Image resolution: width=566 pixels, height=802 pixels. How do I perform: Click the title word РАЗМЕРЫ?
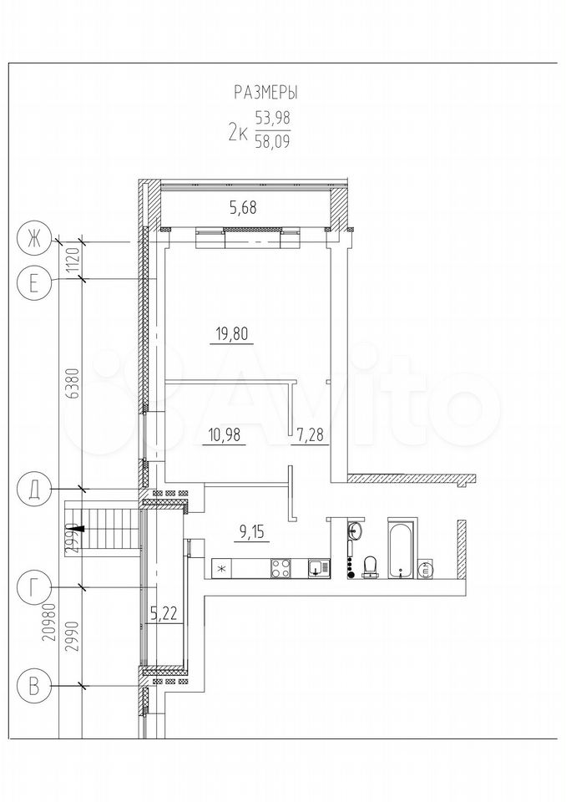click(265, 93)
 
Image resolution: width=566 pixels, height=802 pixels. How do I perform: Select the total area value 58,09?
click(271, 140)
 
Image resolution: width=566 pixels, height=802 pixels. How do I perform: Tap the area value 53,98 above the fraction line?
click(272, 118)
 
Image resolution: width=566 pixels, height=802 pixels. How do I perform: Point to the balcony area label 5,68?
click(243, 208)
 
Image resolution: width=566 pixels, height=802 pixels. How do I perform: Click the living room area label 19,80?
click(232, 334)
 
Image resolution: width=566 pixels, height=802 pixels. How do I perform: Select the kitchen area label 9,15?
click(253, 534)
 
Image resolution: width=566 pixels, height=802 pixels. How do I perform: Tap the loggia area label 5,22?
click(164, 613)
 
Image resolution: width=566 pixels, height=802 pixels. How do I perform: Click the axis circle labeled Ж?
click(33, 240)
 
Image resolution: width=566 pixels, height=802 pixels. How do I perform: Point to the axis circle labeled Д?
click(33, 490)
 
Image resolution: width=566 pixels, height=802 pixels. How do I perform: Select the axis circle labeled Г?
click(33, 587)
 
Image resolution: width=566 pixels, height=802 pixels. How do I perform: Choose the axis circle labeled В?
click(33, 685)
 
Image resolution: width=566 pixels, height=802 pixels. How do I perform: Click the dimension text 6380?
click(73, 383)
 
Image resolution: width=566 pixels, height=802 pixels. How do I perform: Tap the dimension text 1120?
click(73, 260)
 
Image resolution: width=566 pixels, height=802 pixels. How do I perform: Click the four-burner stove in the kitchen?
click(281, 568)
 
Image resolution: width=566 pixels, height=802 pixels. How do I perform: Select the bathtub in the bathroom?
click(403, 549)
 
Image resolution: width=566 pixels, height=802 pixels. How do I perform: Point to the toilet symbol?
click(371, 566)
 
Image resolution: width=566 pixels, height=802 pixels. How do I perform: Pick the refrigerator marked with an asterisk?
click(222, 568)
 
